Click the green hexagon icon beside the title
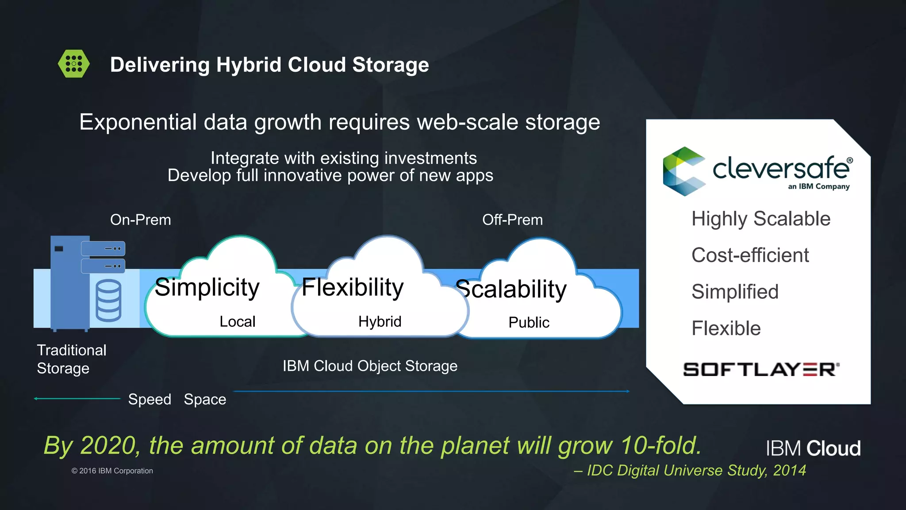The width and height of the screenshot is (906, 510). tap(74, 64)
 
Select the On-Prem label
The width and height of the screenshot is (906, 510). tap(140, 220)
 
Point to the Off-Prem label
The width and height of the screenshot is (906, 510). tap(512, 220)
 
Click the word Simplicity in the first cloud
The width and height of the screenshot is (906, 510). tap(207, 288)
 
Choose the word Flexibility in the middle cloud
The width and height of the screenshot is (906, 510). tap(353, 288)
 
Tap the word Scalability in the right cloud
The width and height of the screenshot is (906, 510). tap(511, 290)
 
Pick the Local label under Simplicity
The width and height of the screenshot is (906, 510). tap(238, 321)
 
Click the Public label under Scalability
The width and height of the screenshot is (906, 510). tap(529, 322)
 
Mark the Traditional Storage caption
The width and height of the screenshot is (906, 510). tap(71, 359)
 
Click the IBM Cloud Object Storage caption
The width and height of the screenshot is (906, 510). tap(370, 366)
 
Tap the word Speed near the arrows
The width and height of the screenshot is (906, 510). tap(150, 399)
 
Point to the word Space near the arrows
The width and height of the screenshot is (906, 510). tap(205, 399)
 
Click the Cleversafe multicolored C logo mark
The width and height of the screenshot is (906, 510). tap(683, 171)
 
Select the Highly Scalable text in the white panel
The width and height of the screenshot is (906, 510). tap(760, 219)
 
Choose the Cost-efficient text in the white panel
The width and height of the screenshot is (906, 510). tap(750, 255)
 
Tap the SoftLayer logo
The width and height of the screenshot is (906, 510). tap(761, 369)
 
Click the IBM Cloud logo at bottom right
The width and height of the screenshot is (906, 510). tap(813, 448)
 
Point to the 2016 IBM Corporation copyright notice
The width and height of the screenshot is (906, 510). tap(112, 471)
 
